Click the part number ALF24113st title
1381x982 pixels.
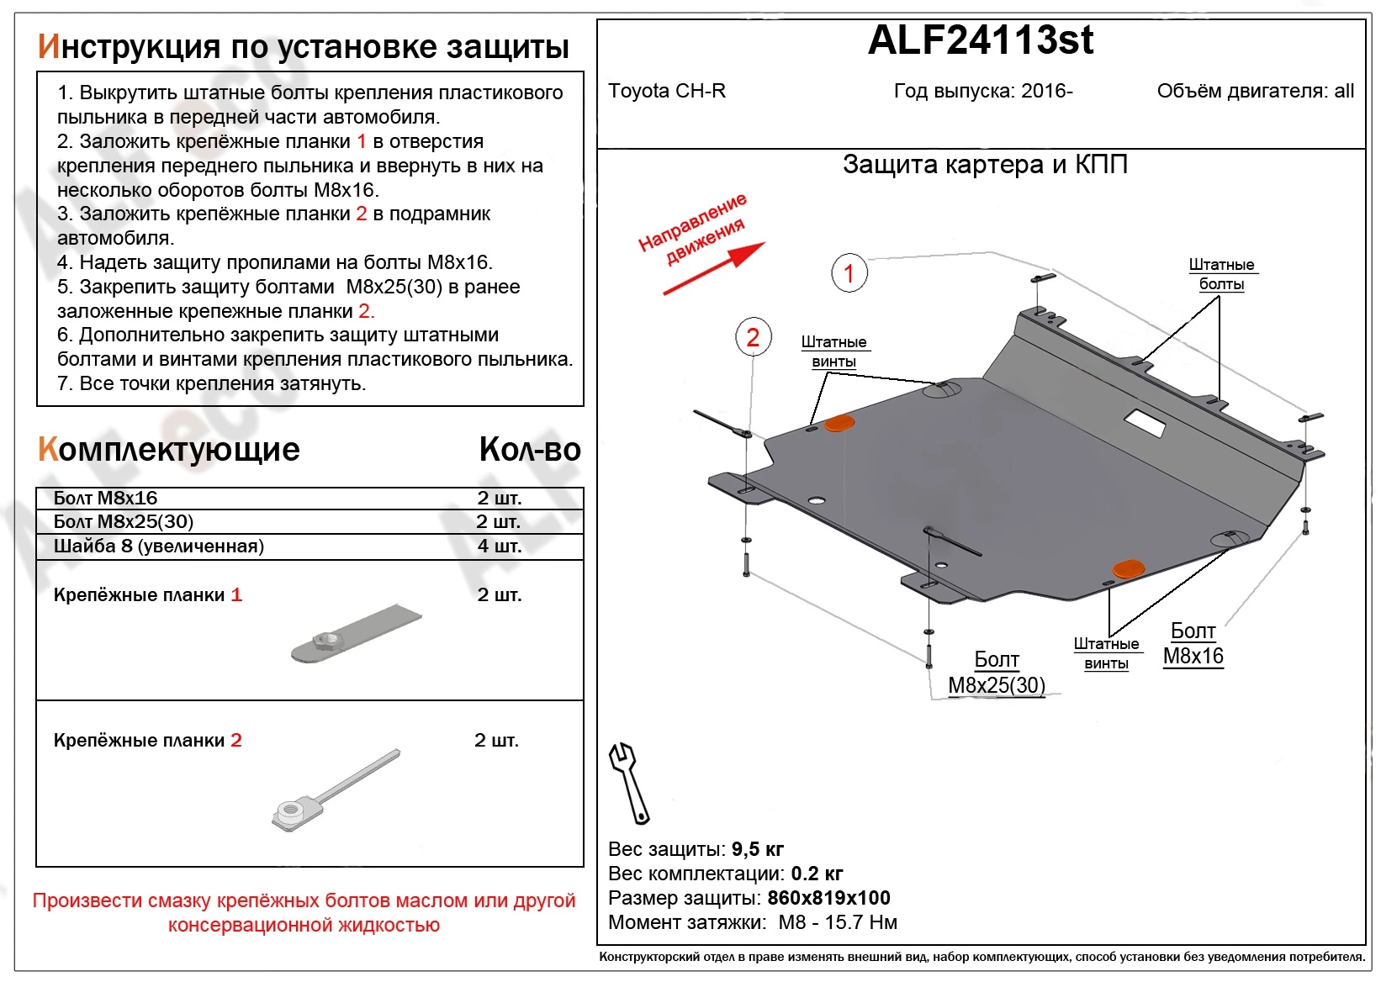click(x=980, y=40)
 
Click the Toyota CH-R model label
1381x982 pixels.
click(x=666, y=91)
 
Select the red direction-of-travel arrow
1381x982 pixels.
click(x=715, y=268)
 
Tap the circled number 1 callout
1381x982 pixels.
click(x=849, y=272)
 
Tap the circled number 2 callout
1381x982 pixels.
click(x=753, y=338)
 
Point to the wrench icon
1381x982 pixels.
click(x=628, y=783)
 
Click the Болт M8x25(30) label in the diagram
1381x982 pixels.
click(x=997, y=673)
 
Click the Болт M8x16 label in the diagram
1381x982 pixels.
click(x=1193, y=644)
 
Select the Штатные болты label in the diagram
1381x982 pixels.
click(x=1221, y=274)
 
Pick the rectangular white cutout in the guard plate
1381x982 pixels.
click(x=1146, y=423)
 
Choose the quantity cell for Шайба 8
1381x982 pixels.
click(x=500, y=546)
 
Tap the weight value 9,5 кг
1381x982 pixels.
click(x=757, y=849)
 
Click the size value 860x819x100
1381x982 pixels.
click(x=828, y=898)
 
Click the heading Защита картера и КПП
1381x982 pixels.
click(x=985, y=165)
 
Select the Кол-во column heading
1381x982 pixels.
click(x=530, y=450)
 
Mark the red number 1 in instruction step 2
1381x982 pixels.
click(x=362, y=141)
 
